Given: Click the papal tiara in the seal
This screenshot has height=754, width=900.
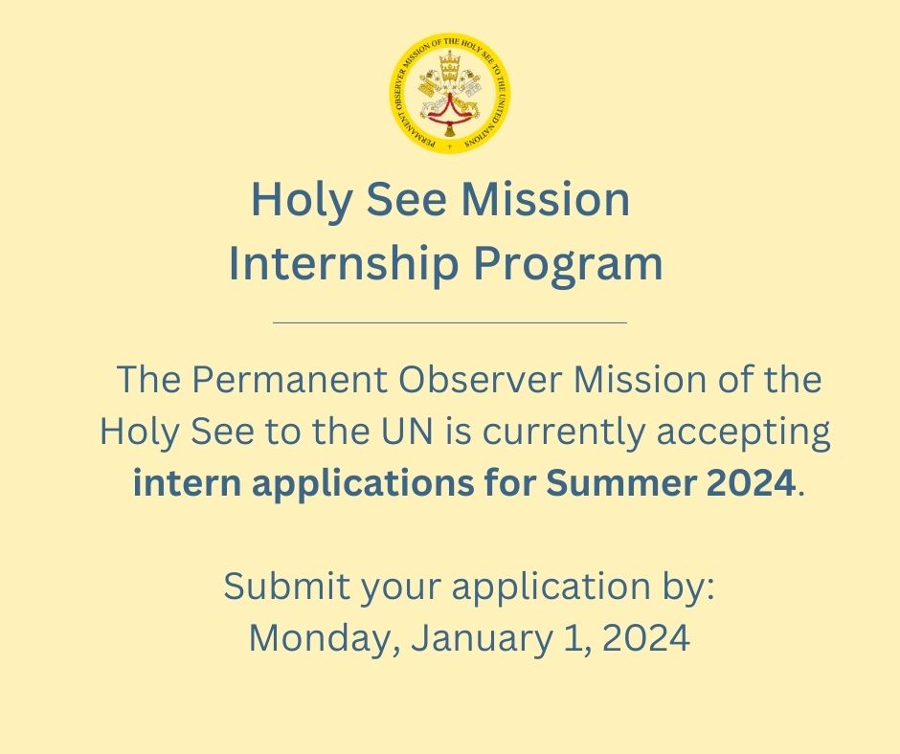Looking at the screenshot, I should (x=449, y=69).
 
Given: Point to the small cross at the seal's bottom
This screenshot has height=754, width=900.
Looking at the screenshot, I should (x=449, y=148).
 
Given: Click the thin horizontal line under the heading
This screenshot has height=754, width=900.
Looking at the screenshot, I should (x=449, y=322).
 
